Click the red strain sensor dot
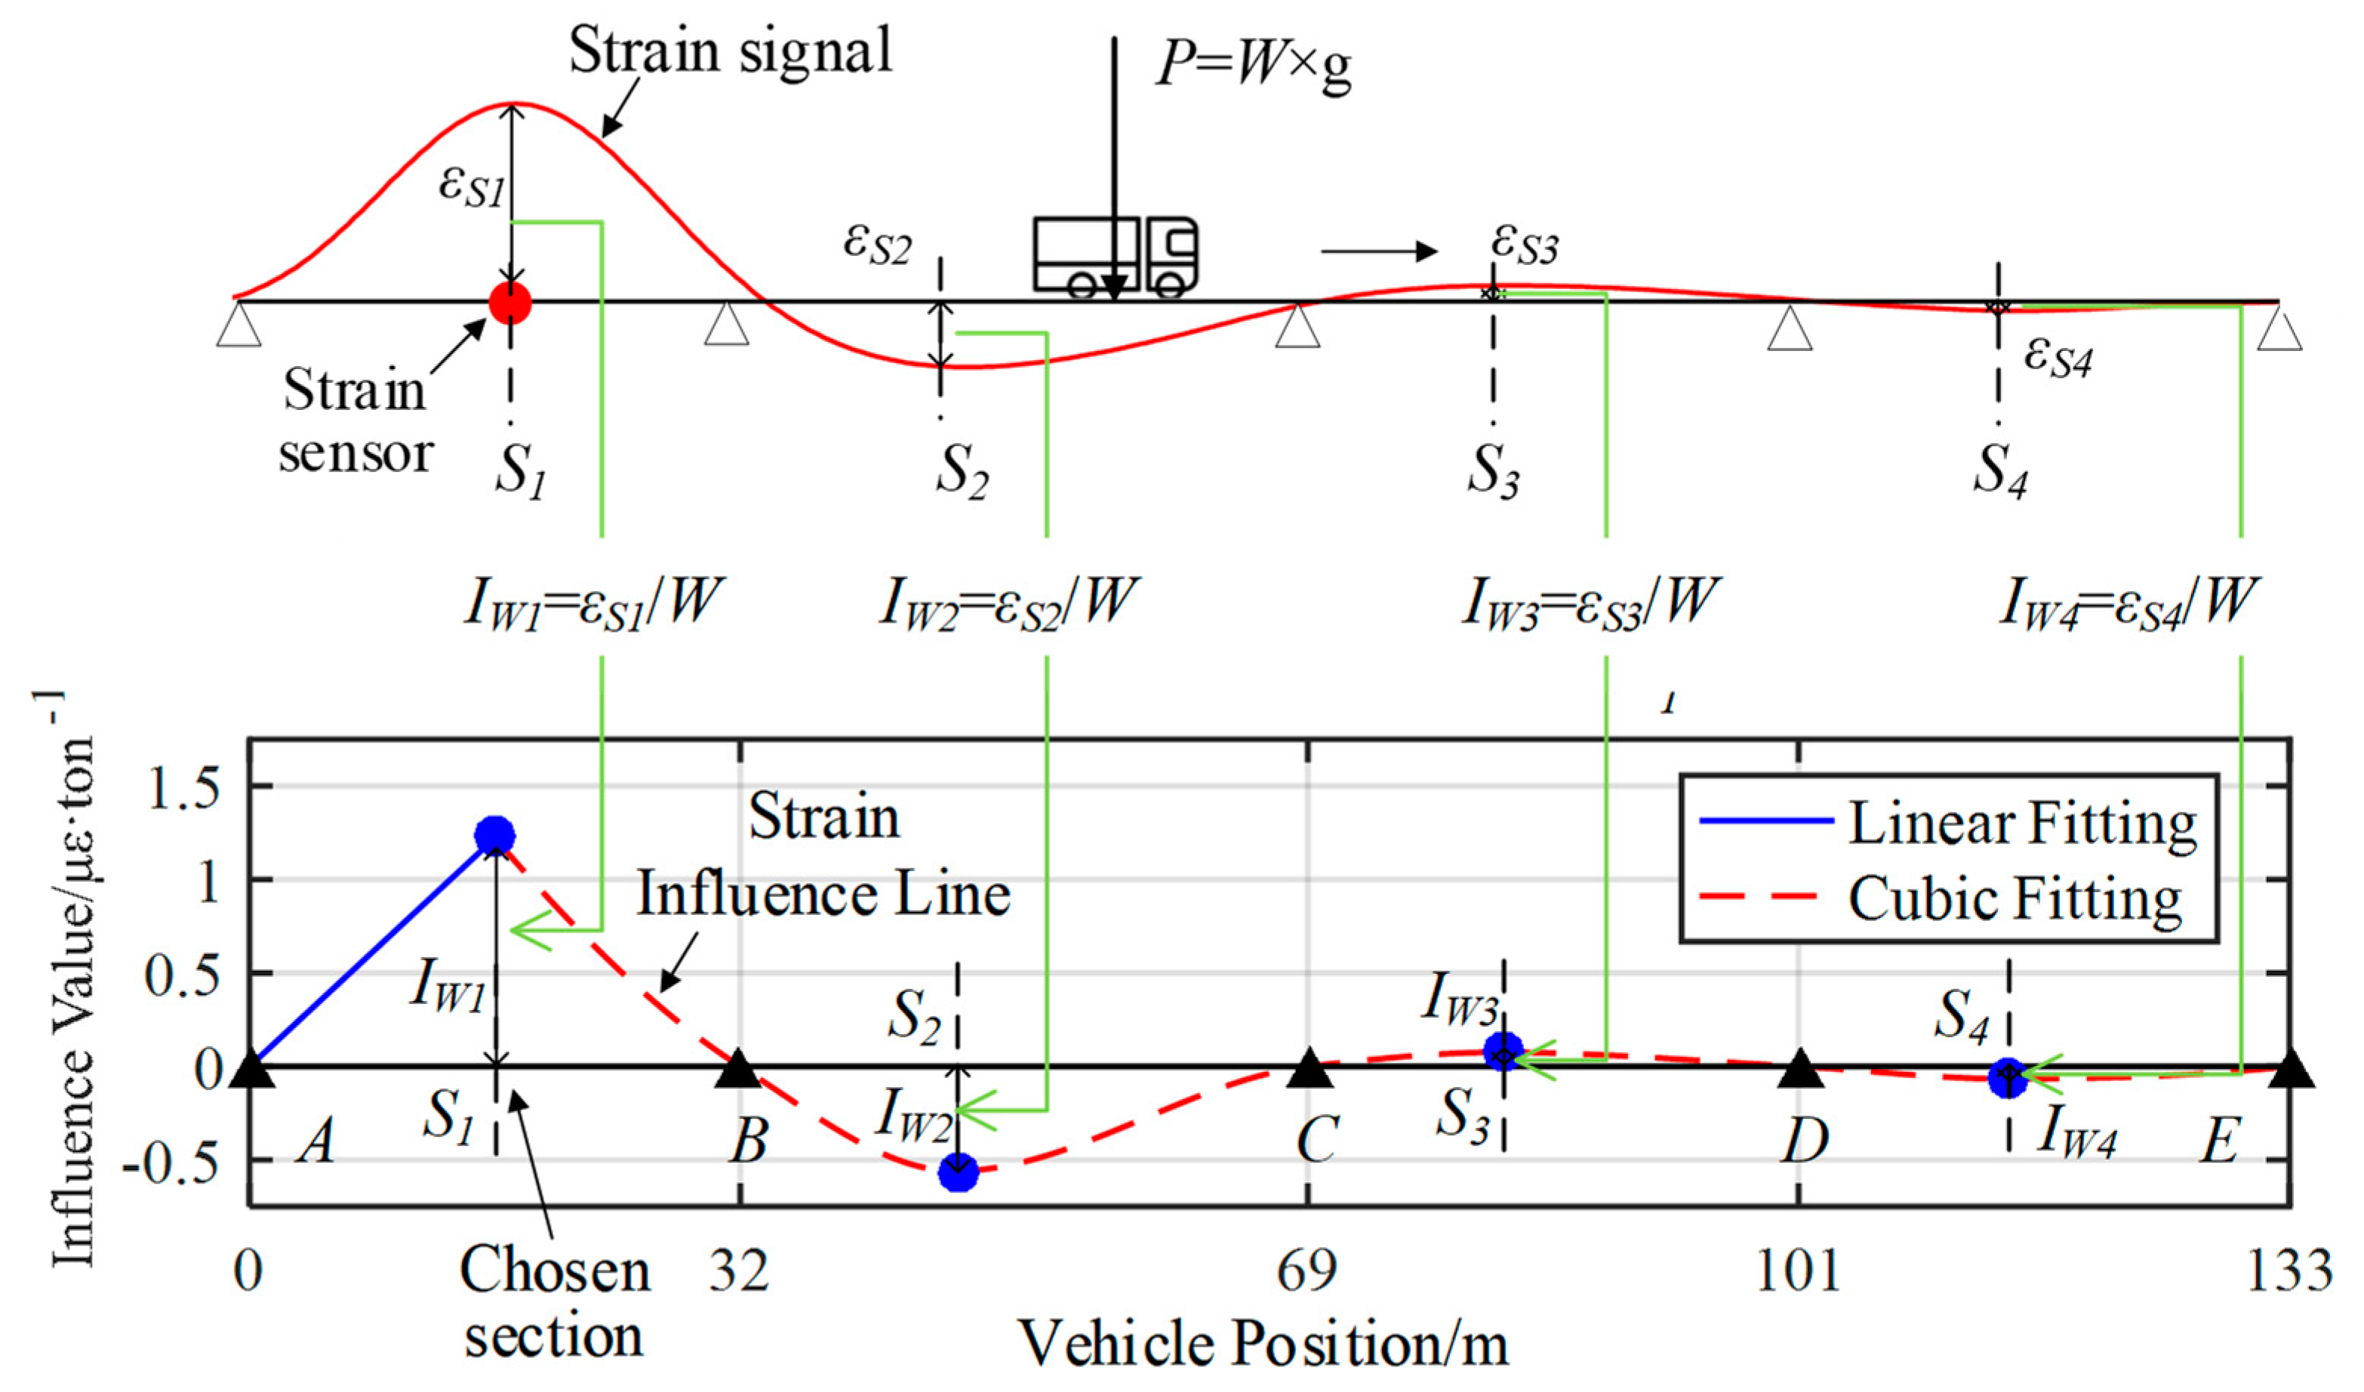510,302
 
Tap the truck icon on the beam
1116,256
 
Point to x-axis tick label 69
1307,1272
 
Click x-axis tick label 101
1797,1272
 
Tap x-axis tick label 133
2289,1272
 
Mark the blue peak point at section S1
495,834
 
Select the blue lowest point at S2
958,1172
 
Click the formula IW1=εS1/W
596,601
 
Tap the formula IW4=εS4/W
2128,601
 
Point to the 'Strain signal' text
731,51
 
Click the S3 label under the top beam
1494,469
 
